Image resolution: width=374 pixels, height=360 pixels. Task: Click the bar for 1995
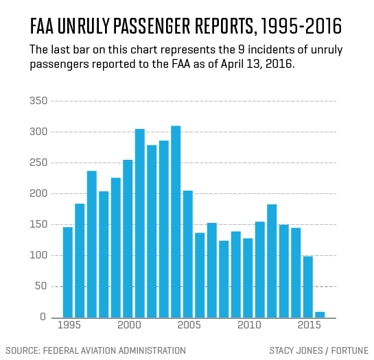(x=68, y=272)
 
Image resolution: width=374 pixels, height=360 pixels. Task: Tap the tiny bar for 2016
(x=320, y=314)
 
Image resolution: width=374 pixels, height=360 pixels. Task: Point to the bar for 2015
(x=308, y=287)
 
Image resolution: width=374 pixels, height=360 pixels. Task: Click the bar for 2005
(x=188, y=254)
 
